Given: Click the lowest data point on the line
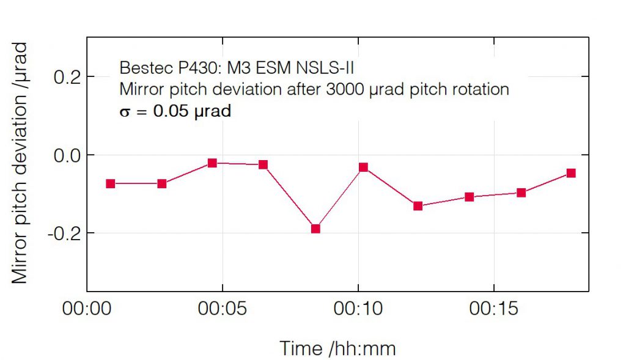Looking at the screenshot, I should [x=315, y=229].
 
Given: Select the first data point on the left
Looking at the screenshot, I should [x=111, y=183].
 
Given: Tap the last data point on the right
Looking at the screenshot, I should [x=571, y=173].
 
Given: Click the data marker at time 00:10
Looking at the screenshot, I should [x=363, y=167].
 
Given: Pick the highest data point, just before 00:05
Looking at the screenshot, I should [x=212, y=163].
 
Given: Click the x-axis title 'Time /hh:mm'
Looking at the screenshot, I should [x=338, y=348].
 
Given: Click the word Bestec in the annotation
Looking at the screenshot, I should [x=140, y=67].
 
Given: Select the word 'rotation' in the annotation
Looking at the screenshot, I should [x=479, y=89].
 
